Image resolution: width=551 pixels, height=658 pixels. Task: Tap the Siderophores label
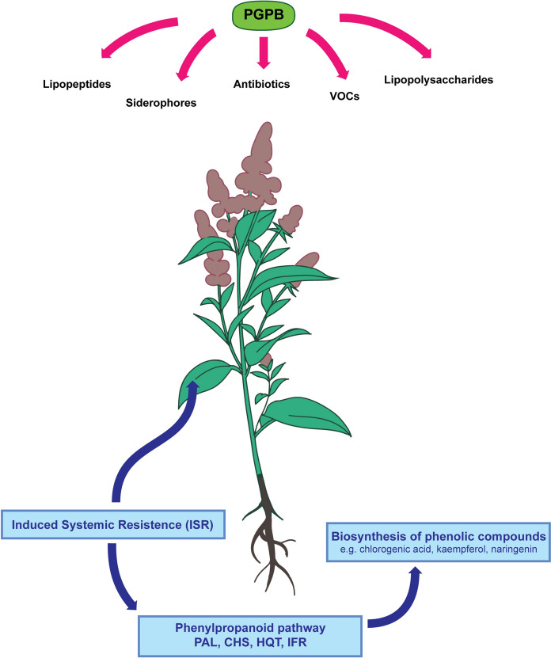[161, 102]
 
